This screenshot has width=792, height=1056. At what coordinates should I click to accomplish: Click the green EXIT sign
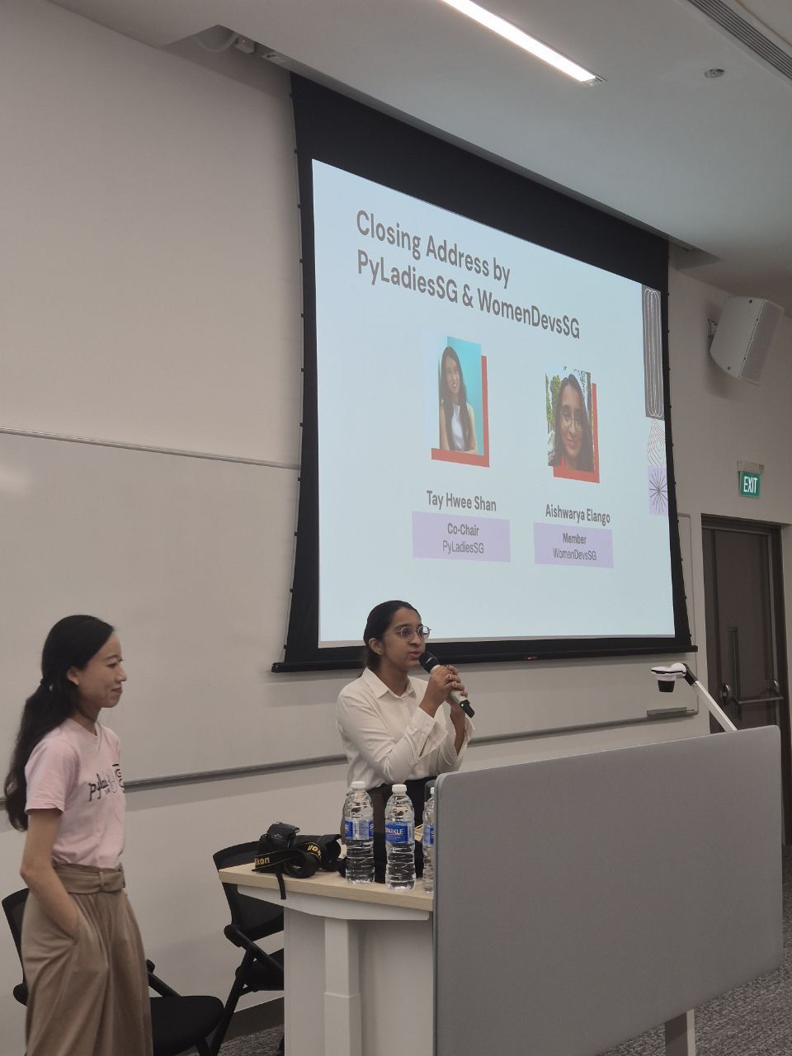pyautogui.click(x=749, y=483)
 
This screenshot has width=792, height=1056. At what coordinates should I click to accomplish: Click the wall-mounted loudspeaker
pyautogui.click(x=745, y=339)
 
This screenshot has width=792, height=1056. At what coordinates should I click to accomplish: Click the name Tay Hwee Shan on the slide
pyautogui.click(x=461, y=501)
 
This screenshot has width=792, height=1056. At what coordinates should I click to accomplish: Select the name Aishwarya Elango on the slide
pyautogui.click(x=577, y=514)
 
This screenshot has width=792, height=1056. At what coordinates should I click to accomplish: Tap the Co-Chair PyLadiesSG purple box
pyautogui.click(x=461, y=537)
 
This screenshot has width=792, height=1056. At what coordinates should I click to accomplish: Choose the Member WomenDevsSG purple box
pyautogui.click(x=573, y=545)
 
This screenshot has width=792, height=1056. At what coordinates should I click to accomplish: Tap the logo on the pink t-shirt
pyautogui.click(x=106, y=780)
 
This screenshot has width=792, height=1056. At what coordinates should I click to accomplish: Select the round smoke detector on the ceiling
pyautogui.click(x=714, y=73)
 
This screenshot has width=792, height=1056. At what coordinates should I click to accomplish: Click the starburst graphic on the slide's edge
pyautogui.click(x=658, y=491)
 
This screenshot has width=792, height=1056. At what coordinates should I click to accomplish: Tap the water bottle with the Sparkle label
pyautogui.click(x=400, y=837)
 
